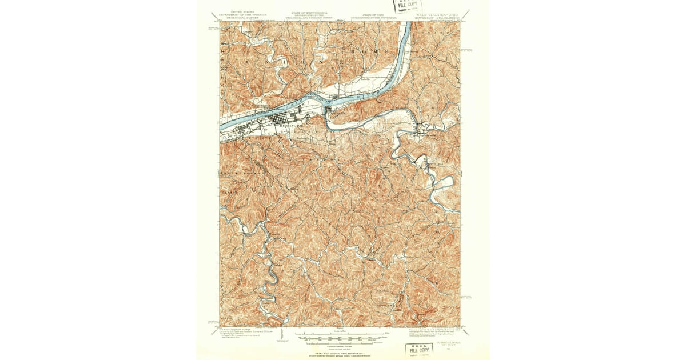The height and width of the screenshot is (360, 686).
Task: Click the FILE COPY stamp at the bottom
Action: click(420, 350)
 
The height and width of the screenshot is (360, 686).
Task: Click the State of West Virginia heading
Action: click(311, 14)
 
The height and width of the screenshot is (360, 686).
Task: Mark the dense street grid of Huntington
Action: click(277, 121)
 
